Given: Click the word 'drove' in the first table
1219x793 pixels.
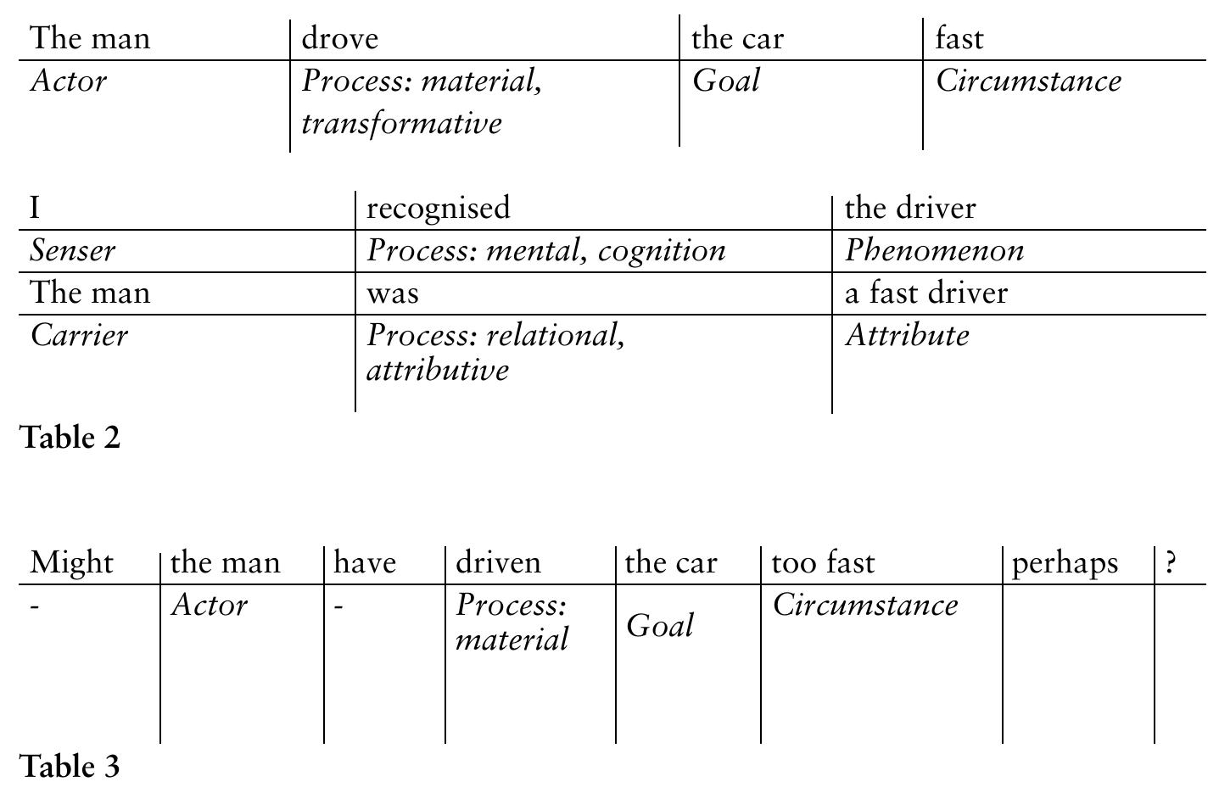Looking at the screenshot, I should [339, 39].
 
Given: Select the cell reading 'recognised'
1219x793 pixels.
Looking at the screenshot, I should [438, 208].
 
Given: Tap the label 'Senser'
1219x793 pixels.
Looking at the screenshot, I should [73, 250].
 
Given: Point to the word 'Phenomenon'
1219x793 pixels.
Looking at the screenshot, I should [934, 250].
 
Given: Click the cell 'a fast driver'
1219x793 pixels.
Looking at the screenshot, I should [925, 293].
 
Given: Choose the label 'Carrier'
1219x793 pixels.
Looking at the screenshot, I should [79, 335].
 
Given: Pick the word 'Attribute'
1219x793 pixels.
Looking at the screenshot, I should [907, 335].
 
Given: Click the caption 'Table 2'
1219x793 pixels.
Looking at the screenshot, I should [70, 438].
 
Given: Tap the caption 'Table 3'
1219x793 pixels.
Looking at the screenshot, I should [70, 766].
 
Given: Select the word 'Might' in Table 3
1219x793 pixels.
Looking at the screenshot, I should [71, 562].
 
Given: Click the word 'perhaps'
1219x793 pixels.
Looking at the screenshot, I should [1065, 563].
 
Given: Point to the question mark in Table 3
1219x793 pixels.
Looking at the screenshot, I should [1171, 562].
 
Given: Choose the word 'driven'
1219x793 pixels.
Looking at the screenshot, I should [498, 562].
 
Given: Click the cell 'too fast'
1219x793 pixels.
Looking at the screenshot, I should [822, 562].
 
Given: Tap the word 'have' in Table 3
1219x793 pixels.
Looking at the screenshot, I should [365, 562].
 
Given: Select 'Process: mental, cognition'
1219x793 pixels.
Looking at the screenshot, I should [545, 250].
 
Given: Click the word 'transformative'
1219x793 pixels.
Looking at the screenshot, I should [401, 124].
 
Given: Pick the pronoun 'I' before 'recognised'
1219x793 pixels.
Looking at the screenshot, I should [35, 208].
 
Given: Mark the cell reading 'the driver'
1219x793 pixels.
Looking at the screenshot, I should [910, 208].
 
